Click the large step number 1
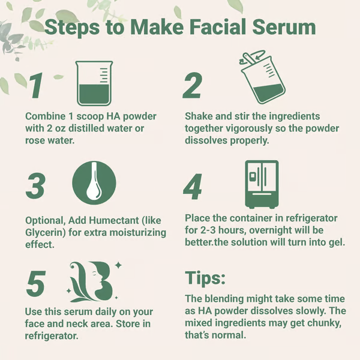[x=37, y=85]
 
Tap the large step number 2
[x=193, y=85]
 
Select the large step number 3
[x=35, y=186]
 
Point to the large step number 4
[x=193, y=187]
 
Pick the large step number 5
[x=35, y=284]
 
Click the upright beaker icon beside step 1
[x=94, y=83]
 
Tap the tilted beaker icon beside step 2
[x=262, y=77]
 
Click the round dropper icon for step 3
[x=94, y=183]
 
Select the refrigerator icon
[x=262, y=184]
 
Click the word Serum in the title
[x=284, y=27]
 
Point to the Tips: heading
[x=205, y=278]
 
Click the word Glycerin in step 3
[x=44, y=233]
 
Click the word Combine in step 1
[x=45, y=116]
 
